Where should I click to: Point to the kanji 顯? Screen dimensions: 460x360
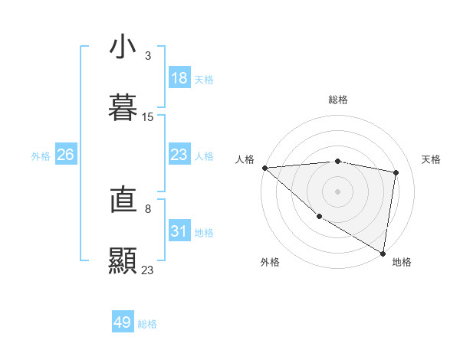[x=123, y=260]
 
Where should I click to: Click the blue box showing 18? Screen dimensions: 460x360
[x=179, y=78]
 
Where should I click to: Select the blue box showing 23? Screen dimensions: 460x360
[x=179, y=155]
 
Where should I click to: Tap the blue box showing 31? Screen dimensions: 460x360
[x=179, y=231]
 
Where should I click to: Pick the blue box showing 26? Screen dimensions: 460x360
[x=66, y=155]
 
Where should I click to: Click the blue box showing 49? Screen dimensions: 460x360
[x=123, y=322]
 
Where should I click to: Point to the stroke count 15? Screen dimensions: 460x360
[x=148, y=117]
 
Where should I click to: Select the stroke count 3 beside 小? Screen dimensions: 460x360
[x=148, y=56]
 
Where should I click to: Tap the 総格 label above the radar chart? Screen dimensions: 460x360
[x=337, y=100]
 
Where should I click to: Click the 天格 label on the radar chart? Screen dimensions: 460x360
[x=432, y=159]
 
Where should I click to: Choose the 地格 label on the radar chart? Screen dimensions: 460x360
[x=402, y=262]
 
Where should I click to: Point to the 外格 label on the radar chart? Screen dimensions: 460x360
[x=270, y=262]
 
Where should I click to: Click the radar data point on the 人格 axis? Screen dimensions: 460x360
[x=264, y=168]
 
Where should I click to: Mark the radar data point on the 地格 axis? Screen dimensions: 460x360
[x=383, y=253]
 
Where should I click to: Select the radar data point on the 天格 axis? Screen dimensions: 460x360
[x=396, y=172]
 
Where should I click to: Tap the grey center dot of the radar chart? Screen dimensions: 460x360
[x=337, y=191]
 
